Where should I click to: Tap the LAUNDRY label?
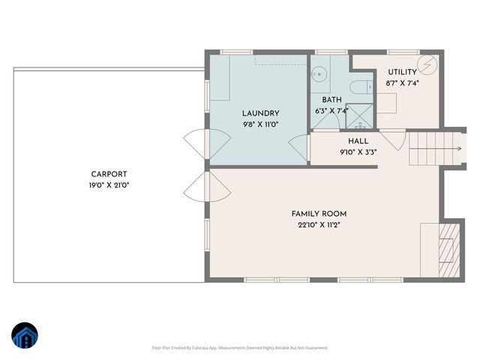pos(260,113)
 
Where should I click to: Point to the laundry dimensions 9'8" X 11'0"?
pos(260,124)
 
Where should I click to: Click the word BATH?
pos(332,100)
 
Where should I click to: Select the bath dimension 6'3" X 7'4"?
pos(332,111)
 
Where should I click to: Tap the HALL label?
pos(358,141)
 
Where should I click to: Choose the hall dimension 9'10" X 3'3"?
pos(358,152)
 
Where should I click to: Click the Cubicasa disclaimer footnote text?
pos(240,348)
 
